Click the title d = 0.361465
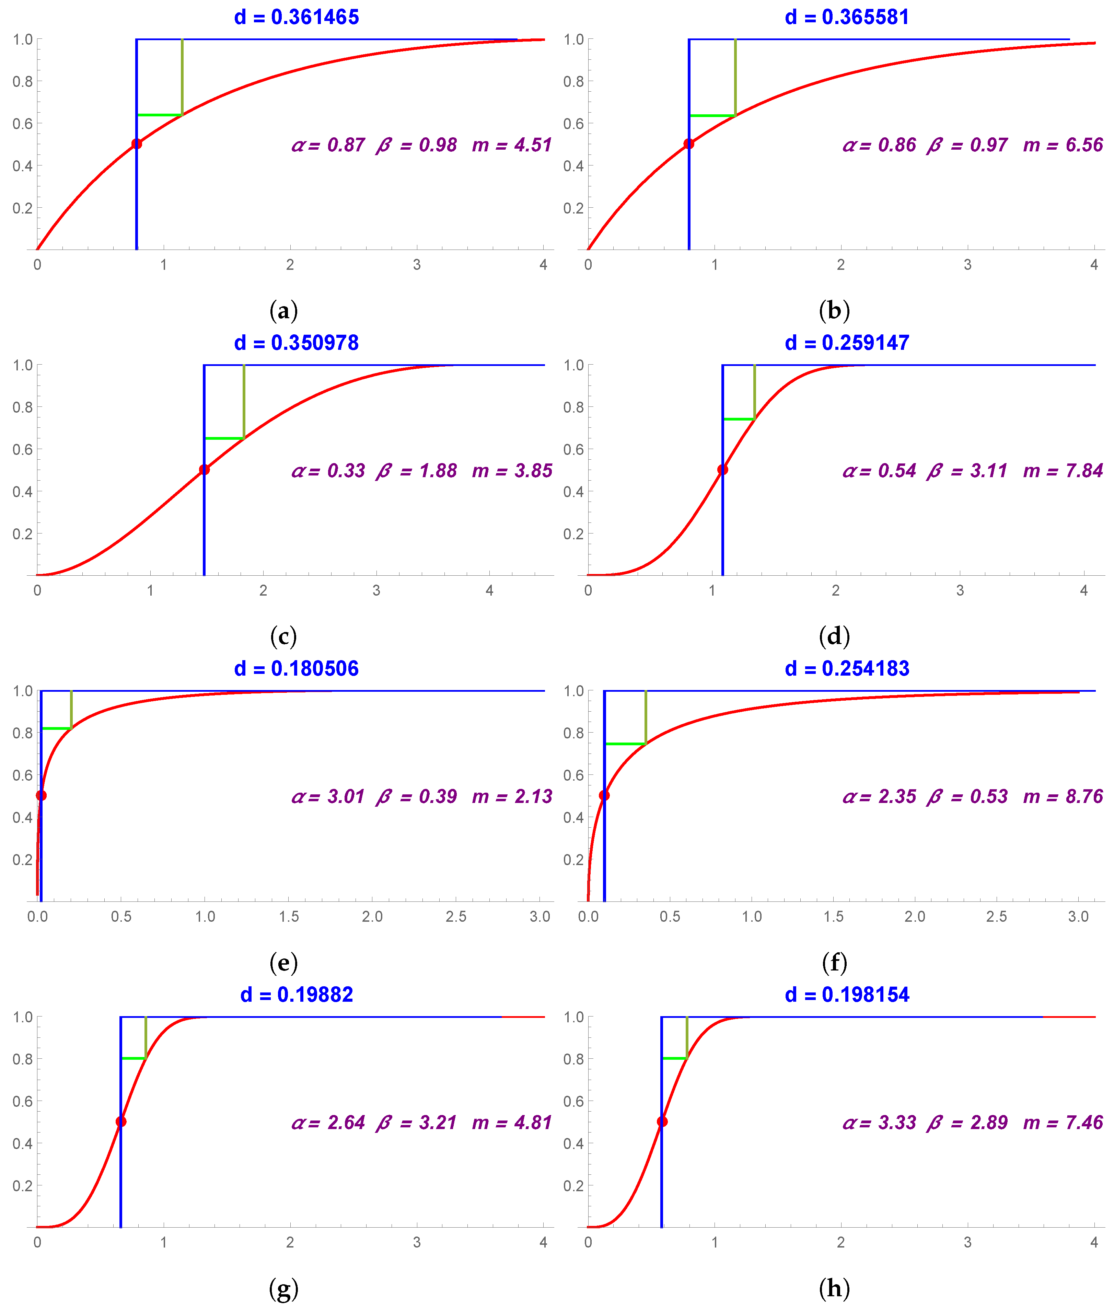tap(296, 17)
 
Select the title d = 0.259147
tap(847, 343)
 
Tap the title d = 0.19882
tap(296, 995)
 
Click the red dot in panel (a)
tap(136, 144)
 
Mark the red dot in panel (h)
tap(662, 1122)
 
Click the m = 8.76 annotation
tap(1063, 796)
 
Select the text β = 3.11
tap(967, 471)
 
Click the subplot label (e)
tap(283, 963)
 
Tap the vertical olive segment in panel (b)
tap(735, 77)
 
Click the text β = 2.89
tap(967, 1123)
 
